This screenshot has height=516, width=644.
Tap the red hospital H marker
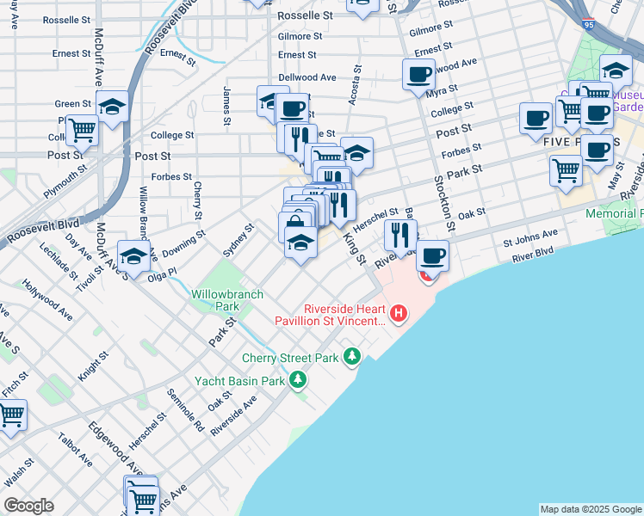pos(398,314)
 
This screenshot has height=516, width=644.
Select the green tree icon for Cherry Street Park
pos(351,355)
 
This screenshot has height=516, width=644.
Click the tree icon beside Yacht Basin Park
pos(298,379)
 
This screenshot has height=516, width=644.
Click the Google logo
pos(29,505)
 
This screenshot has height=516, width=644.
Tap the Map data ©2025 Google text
pos(590,509)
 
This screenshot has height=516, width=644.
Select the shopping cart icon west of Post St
pos(83,131)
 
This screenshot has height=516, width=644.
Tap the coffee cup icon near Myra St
pos(418,74)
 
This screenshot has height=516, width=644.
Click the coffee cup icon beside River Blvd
pos(433,255)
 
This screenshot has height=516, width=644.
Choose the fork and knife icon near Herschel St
pos(400,233)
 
